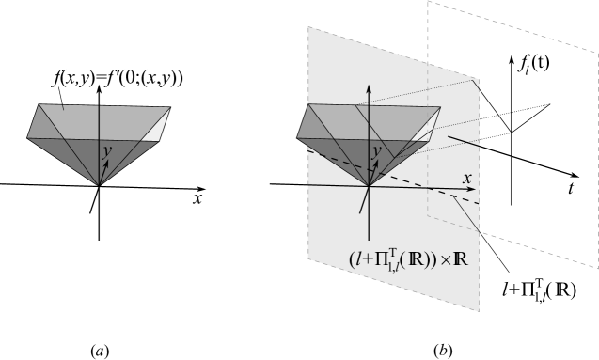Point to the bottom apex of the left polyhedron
point(100,183)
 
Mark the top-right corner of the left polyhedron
point(170,107)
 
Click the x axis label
point(465,178)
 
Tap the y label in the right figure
point(375,150)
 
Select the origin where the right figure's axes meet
point(369,185)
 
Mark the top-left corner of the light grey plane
point(308,27)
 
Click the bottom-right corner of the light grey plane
point(480,311)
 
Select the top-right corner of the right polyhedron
point(439,105)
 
